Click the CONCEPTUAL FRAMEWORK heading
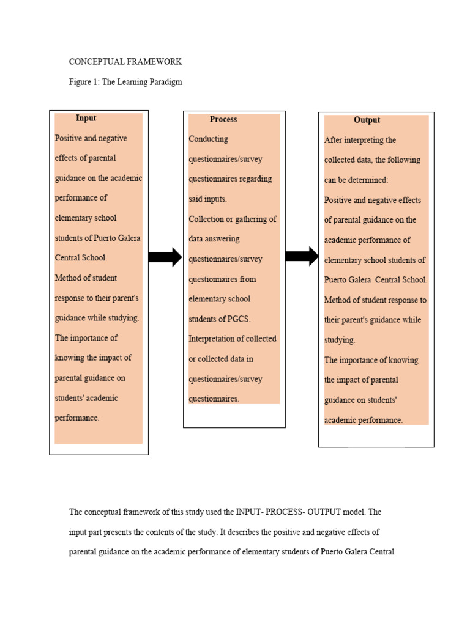pos(125,62)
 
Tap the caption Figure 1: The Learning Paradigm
pos(125,82)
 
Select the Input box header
pos(86,118)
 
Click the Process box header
pos(223,119)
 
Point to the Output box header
pos(367,120)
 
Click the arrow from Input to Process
pos(165,257)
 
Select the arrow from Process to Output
pos(302,257)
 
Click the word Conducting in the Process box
pos(208,139)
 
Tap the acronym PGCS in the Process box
pos(239,319)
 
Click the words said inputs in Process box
pos(207,199)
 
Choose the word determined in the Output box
pos(368,180)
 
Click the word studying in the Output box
pos(339,340)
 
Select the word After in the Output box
pos(334,140)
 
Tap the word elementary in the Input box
pos(76,218)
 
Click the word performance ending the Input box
pos(76,418)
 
